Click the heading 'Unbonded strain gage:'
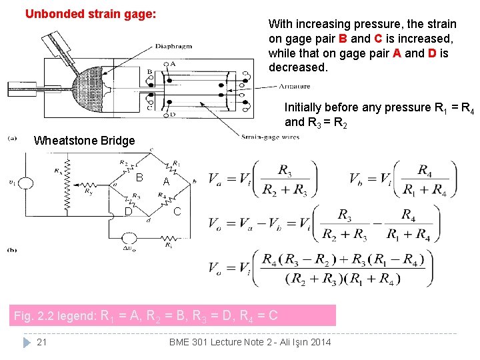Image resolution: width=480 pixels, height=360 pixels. click(x=91, y=13)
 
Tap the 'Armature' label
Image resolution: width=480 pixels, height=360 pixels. click(x=294, y=86)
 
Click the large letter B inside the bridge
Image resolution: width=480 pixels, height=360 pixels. click(x=139, y=177)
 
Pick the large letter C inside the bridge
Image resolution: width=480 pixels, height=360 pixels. click(x=177, y=212)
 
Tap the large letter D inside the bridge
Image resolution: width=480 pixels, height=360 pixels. click(x=128, y=212)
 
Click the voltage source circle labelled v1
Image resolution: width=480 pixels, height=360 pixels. click(x=27, y=182)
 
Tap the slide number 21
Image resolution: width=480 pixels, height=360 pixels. click(x=41, y=342)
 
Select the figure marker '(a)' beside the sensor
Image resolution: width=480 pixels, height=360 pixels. click(x=12, y=138)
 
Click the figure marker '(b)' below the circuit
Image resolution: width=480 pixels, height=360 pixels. click(x=12, y=250)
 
